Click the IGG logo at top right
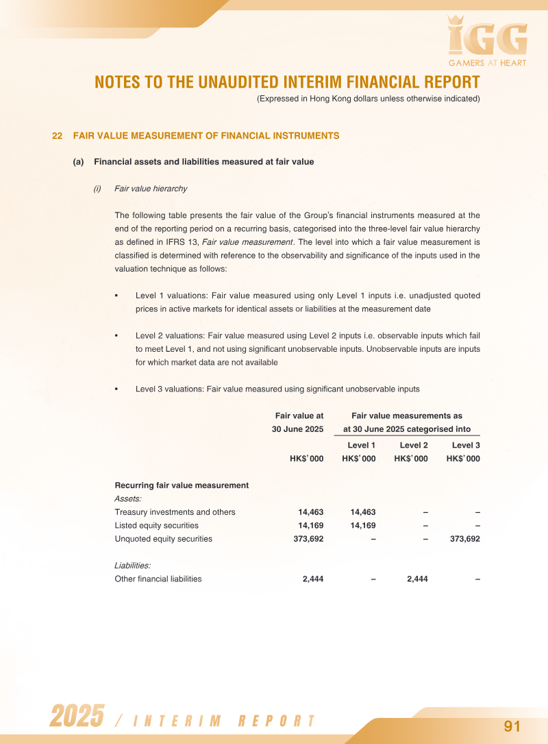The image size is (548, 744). [487, 38]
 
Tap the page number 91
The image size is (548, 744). [512, 726]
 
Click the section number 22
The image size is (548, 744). [58, 136]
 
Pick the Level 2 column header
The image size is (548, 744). [414, 446]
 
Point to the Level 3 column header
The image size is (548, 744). [466, 446]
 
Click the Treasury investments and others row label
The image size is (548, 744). [175, 512]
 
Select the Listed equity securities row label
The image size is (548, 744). [156, 525]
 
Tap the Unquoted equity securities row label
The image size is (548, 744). [163, 539]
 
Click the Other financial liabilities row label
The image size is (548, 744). [158, 579]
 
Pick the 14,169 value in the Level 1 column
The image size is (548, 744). [363, 525]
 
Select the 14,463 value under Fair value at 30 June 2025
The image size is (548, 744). [310, 512]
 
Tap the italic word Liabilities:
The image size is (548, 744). [132, 566]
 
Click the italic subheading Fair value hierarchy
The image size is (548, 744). [151, 189]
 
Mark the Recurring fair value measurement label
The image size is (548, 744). [182, 485]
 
